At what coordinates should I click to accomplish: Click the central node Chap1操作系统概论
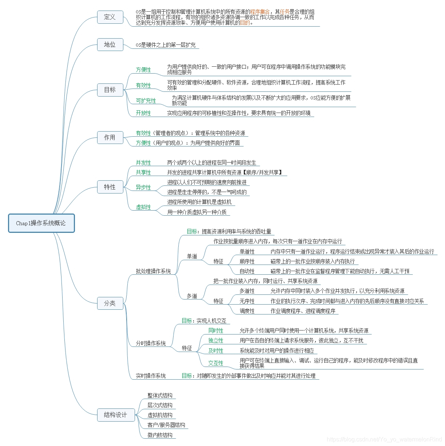[x=41, y=223]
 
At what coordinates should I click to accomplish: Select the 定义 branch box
[x=110, y=17]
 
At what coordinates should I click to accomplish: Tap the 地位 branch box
[x=110, y=44]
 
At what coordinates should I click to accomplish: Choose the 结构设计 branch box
[x=115, y=415]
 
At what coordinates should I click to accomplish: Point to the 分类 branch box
[x=110, y=303]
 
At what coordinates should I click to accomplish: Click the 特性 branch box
[x=110, y=187]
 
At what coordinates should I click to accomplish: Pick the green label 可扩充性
[x=146, y=101]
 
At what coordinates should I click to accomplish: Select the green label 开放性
[x=143, y=113]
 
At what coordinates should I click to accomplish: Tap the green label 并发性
[x=143, y=163]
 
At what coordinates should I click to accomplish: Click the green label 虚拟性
[x=143, y=207]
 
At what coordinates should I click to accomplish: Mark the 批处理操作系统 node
[x=153, y=271]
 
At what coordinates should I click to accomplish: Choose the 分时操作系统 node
[x=151, y=343]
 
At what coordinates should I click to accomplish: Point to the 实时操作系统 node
[x=151, y=376]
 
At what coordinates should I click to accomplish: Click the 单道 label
[x=192, y=256]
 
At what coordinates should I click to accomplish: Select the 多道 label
[x=192, y=296]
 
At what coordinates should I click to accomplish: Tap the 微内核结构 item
[x=160, y=435]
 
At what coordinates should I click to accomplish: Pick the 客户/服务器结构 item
[x=166, y=425]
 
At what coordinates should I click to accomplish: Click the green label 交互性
[x=216, y=363]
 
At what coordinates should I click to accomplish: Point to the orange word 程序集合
[x=260, y=12]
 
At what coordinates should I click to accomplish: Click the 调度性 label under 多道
[x=247, y=311]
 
